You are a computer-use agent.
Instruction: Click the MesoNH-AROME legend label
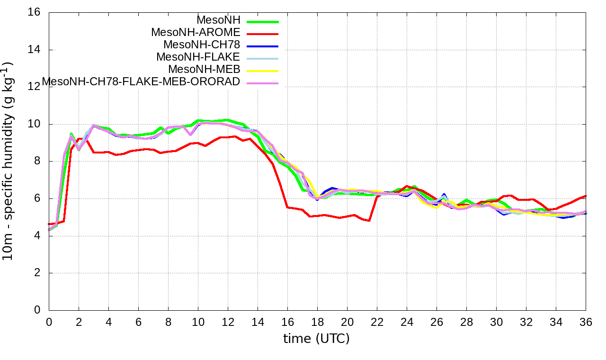(196, 32)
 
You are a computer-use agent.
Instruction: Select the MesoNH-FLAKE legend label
(198, 57)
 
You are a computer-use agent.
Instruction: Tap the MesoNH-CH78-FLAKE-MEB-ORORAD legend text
(141, 81)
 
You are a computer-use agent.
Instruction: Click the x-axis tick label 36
(586, 322)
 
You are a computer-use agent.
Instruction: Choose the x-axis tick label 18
(317, 322)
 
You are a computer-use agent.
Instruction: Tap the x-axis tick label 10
(198, 322)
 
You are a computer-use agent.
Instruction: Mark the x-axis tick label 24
(407, 322)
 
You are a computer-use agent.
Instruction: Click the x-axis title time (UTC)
(316, 339)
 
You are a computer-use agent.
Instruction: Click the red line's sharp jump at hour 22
(374, 208)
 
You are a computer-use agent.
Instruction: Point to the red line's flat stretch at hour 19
(332, 216)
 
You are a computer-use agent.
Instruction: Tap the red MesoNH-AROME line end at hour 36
(585, 196)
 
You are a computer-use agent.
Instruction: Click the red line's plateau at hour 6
(138, 150)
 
